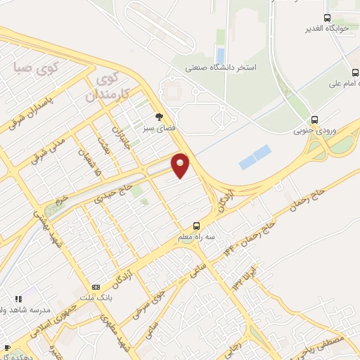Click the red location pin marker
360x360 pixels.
pos(181,165)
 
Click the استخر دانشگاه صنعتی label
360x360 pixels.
pos(219,67)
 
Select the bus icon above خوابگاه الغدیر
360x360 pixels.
pos(327,18)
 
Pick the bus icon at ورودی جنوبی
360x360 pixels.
pos(314,119)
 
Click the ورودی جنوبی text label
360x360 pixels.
pos(313,130)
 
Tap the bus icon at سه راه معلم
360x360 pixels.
pos(196,226)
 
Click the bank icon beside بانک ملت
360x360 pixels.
pos(96,286)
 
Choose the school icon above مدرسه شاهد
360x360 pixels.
pos(19,299)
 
